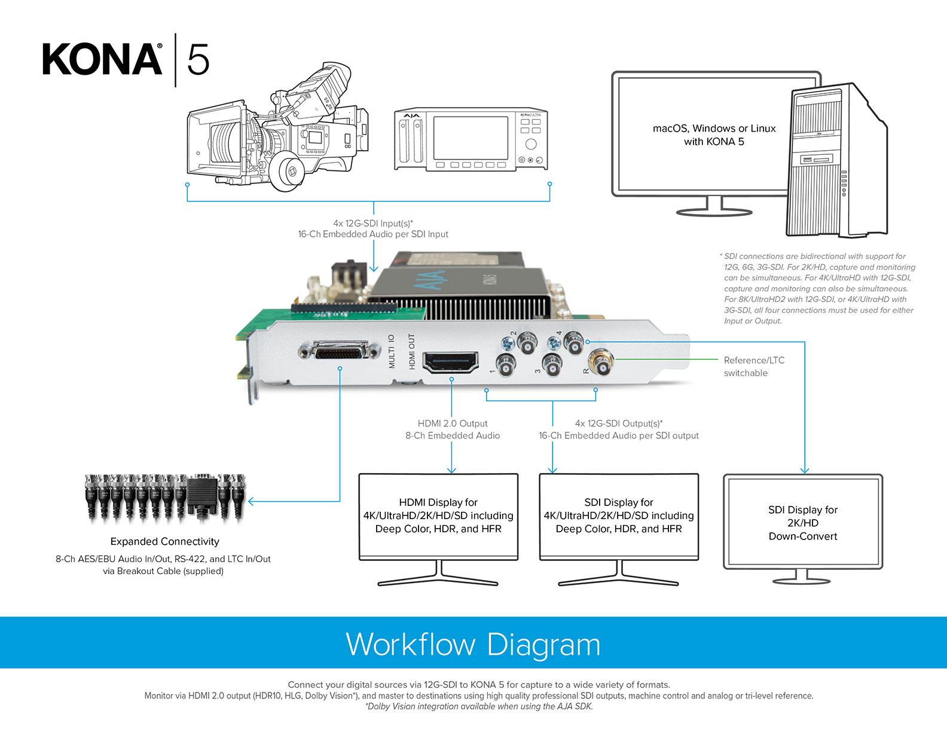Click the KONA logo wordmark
(102, 60)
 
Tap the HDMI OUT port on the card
(450, 362)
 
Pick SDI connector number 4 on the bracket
(573, 343)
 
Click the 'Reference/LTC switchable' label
(753, 367)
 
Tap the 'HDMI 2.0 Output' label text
(453, 423)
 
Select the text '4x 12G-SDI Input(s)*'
(373, 223)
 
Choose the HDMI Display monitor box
(438, 516)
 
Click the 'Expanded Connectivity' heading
(164, 541)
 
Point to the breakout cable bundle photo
(165, 496)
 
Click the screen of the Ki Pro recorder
(471, 138)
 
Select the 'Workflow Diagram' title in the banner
(473, 644)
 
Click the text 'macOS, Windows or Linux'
(714, 129)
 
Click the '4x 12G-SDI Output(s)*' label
(619, 423)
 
